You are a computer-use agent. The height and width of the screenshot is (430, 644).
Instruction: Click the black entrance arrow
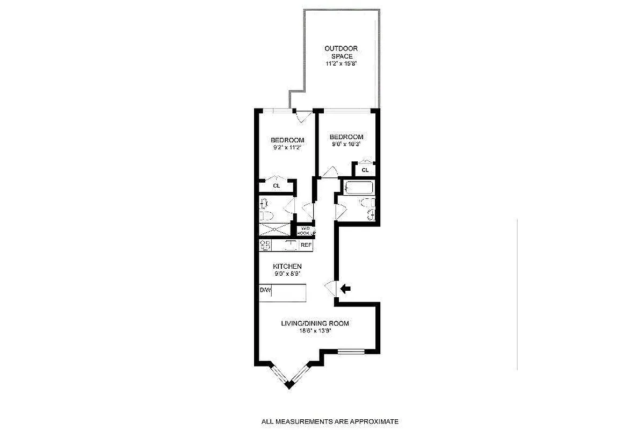[346, 289]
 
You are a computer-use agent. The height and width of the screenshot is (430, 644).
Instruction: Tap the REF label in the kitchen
[306, 245]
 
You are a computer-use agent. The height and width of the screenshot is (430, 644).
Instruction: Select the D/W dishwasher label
[265, 291]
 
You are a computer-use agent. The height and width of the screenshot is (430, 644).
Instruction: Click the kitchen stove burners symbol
[265, 245]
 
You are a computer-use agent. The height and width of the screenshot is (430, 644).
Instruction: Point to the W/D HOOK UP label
[306, 230]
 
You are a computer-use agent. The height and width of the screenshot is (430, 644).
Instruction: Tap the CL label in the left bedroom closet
[277, 186]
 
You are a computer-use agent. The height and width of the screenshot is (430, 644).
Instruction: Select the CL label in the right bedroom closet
[365, 170]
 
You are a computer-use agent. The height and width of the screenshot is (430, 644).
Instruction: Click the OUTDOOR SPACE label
[341, 52]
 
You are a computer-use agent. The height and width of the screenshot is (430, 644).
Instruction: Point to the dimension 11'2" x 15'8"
[341, 63]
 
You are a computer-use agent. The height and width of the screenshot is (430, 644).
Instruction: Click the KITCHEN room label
[287, 266]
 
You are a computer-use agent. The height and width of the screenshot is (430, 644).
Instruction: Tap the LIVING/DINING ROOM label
[315, 324]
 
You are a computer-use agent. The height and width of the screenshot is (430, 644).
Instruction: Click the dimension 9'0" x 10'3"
[346, 144]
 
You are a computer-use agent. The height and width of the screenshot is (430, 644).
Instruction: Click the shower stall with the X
[274, 230]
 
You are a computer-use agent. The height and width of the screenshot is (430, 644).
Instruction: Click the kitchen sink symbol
[291, 245]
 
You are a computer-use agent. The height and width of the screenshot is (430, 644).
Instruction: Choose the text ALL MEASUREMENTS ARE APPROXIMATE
[330, 422]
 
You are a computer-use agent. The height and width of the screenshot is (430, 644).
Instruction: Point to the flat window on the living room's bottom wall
[351, 352]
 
